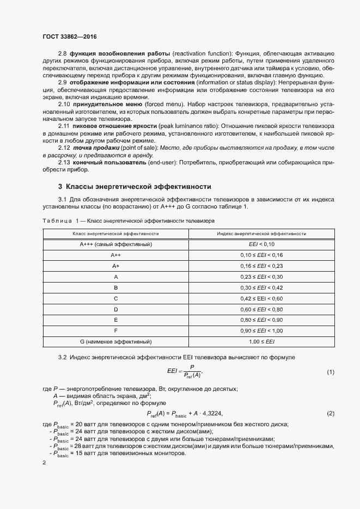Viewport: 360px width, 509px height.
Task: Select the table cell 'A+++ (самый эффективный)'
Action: pos(115,244)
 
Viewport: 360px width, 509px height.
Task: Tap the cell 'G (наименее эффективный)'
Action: pos(115,341)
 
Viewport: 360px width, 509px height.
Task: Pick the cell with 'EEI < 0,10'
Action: pos(261,244)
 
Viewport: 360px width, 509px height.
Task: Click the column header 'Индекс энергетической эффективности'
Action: pos(261,233)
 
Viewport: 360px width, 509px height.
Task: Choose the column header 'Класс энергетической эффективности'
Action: pos(115,233)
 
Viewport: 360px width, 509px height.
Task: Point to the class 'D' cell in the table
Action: pos(115,309)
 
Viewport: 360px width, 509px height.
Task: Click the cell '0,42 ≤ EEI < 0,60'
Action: pos(261,298)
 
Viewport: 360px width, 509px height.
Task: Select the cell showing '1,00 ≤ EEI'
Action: pos(261,341)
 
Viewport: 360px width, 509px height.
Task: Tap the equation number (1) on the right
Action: pos(330,372)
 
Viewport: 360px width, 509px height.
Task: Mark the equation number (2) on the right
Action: pos(330,414)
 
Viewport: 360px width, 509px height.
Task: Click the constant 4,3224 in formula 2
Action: pos(212,414)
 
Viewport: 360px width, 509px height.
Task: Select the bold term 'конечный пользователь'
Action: pos(100,163)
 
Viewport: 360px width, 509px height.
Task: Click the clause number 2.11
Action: pos(64,126)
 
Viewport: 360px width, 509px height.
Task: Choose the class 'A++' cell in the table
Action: pos(115,255)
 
